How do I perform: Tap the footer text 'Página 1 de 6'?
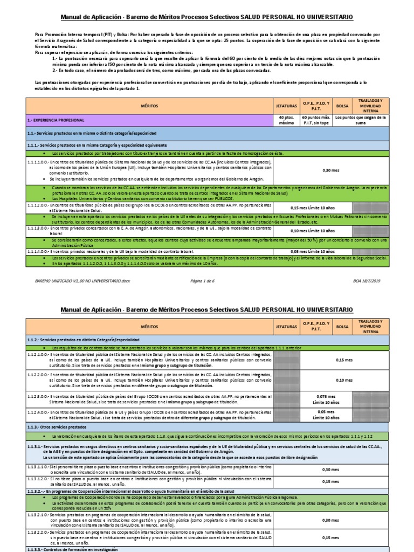click(206, 281)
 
